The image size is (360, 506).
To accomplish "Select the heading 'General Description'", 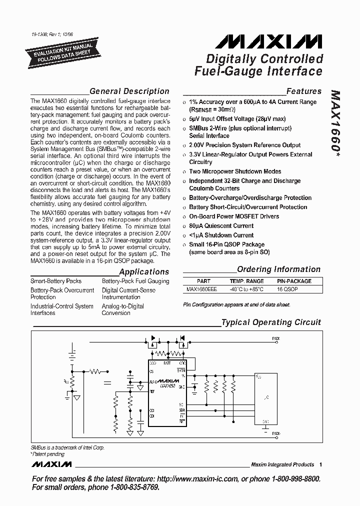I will point(129,91).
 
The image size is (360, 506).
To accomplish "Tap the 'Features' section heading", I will point(303,91).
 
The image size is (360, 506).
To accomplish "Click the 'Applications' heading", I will point(144,272).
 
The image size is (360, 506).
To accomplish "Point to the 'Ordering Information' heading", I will point(278,269).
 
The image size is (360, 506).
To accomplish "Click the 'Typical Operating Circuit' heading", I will point(271,322).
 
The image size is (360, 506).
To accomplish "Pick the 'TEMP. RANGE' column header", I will point(246,281).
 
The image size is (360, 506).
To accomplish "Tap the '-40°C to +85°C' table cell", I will point(246,289).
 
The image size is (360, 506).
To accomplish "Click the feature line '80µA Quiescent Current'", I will point(221,226).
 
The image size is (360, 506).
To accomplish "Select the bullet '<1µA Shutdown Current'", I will point(221,235).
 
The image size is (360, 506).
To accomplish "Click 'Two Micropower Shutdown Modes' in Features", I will point(235,171).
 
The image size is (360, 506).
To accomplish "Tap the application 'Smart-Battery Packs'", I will point(56,281).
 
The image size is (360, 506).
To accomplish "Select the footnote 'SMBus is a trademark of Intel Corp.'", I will point(67,448).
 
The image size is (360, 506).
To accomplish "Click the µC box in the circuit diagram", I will point(267,397).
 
